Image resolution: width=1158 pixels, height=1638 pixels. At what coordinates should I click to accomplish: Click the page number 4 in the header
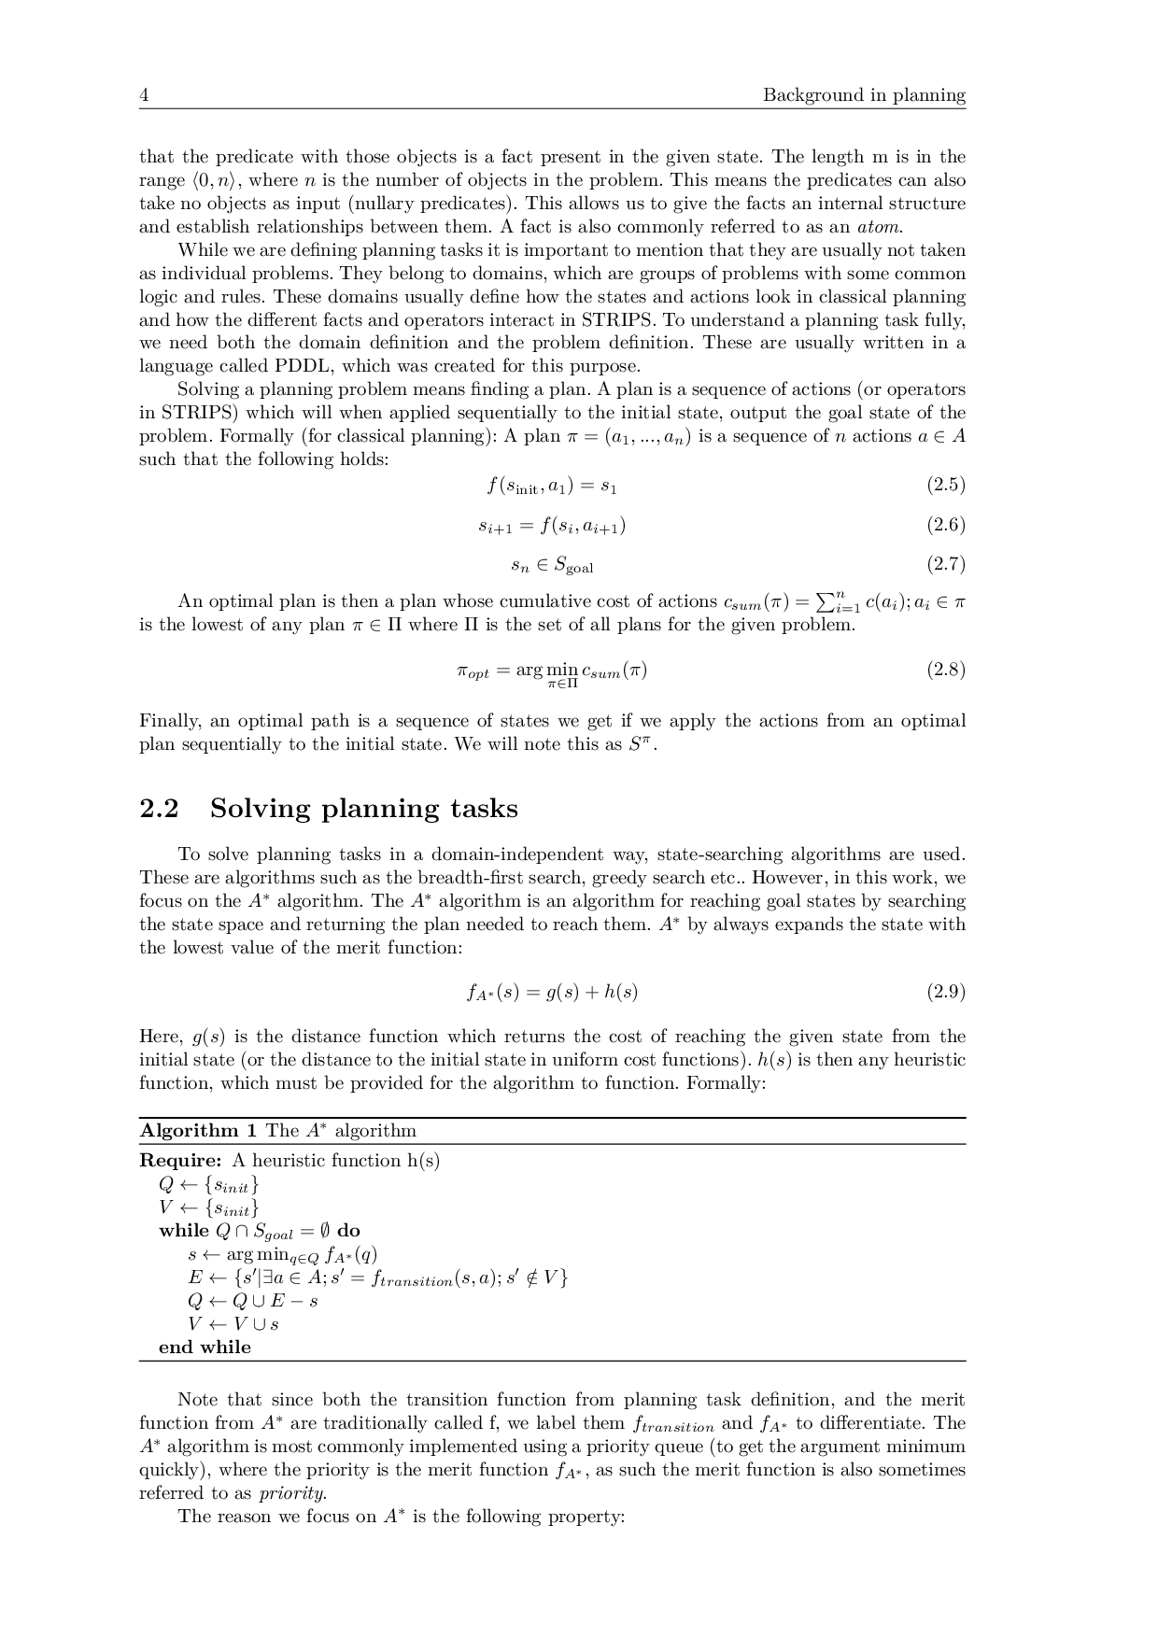coord(144,95)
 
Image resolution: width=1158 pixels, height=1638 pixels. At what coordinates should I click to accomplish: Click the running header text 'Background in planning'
coord(864,95)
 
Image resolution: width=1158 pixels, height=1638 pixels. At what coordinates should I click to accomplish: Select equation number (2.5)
coord(945,485)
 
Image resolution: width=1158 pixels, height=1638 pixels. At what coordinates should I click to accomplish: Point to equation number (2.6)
coord(945,525)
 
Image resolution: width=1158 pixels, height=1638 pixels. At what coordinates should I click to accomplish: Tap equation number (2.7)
coord(945,564)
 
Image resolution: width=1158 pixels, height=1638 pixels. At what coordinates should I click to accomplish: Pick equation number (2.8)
coord(945,670)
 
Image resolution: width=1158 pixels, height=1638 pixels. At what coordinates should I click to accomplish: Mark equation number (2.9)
coord(945,992)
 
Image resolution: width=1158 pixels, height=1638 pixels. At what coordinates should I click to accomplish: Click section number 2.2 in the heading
coord(159,809)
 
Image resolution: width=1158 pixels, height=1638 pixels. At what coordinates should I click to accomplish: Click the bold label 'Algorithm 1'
coord(198,1131)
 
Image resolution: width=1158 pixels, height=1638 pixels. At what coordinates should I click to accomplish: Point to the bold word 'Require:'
coord(180,1161)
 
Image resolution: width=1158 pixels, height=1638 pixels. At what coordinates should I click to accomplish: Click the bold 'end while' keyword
coord(205,1348)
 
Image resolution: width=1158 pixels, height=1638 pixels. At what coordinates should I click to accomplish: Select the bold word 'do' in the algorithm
coord(348,1231)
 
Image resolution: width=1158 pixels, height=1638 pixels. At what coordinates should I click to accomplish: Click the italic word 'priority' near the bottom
coord(292,1493)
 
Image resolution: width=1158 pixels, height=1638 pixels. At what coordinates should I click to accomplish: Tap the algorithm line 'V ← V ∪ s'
coord(233,1324)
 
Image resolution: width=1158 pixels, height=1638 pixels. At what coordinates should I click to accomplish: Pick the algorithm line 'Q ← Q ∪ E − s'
coord(252,1301)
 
